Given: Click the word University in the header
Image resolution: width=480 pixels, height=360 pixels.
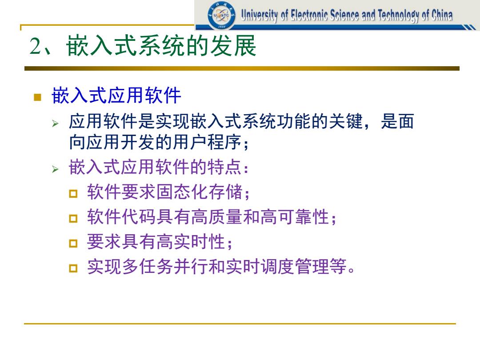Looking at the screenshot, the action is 259,15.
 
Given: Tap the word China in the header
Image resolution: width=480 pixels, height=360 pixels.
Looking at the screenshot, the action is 442,15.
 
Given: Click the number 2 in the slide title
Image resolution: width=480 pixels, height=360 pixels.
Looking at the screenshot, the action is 36,46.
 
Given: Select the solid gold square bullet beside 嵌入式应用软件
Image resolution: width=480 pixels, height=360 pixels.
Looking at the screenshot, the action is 37,97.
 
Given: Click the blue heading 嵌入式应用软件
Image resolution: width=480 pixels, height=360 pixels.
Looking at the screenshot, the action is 116,95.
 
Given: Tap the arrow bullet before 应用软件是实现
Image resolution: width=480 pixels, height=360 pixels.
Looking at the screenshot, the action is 55,124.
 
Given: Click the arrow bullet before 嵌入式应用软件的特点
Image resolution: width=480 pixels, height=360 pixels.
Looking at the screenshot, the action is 55,169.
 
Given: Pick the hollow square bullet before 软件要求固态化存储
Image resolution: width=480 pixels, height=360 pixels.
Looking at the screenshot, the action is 73,193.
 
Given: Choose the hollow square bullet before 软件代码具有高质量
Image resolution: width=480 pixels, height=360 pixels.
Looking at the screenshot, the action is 73,218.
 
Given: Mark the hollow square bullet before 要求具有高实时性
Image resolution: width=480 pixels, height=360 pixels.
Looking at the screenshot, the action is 73,244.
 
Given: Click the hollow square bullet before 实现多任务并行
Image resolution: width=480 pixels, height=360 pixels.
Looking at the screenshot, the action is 73,268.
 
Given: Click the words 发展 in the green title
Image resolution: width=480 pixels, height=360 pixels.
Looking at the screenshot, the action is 233,46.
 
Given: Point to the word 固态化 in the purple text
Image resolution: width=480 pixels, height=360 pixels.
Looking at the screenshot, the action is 183,192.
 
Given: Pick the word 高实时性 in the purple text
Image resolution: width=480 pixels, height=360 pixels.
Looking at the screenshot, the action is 191,242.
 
